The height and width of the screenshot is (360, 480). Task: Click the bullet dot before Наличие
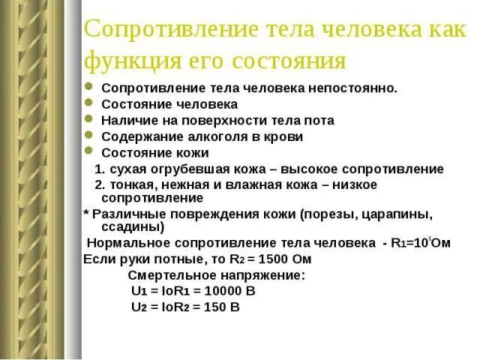[88, 120]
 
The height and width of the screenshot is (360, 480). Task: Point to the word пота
[319, 120]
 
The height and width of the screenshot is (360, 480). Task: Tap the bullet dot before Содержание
[88, 136]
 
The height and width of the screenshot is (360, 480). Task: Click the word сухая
[127, 169]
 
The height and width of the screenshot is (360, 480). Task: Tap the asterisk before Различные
[85, 213]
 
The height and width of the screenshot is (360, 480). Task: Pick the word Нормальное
[128, 243]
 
